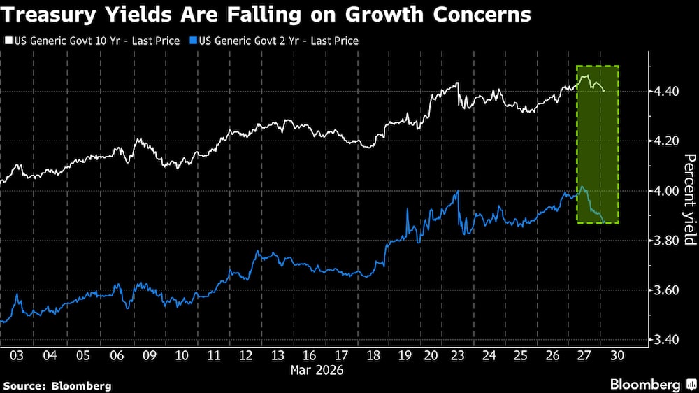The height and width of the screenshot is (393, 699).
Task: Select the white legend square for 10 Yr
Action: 7,41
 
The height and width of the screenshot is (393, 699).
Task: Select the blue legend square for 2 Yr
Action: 194,41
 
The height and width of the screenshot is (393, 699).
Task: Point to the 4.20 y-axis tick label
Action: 663,141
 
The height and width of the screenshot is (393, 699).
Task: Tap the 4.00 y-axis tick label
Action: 663,191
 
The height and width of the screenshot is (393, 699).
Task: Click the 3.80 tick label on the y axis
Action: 663,241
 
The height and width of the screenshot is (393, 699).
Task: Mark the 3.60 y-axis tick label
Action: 663,290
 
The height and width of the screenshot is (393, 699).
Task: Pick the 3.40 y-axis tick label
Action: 663,340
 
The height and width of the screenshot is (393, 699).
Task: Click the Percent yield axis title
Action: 689,199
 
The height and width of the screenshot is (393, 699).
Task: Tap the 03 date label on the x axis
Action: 17,355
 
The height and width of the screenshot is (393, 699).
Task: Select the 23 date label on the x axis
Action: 456,355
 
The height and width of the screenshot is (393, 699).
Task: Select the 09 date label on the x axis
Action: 148,355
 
